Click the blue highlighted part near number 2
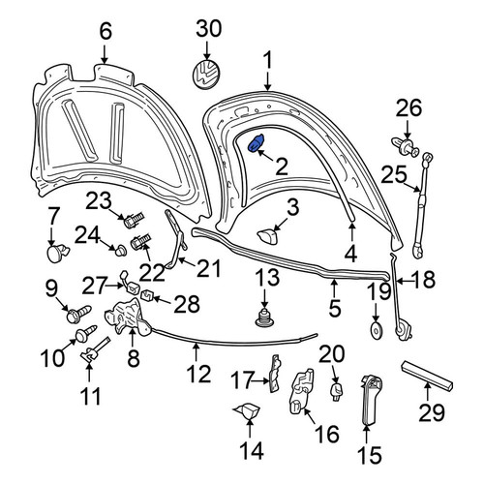point(256,143)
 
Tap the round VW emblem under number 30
point(206,74)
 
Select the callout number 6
point(106,31)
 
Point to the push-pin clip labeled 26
point(405,146)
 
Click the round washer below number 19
point(376,330)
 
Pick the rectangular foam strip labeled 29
point(427,376)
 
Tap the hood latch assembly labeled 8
point(128,316)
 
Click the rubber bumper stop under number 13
point(264,318)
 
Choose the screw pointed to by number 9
point(78,314)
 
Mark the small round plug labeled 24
point(121,251)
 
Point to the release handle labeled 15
point(370,400)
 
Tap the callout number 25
point(394,175)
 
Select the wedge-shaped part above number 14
point(247,411)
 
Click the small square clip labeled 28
point(147,294)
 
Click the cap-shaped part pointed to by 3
point(267,237)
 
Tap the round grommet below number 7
point(58,253)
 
